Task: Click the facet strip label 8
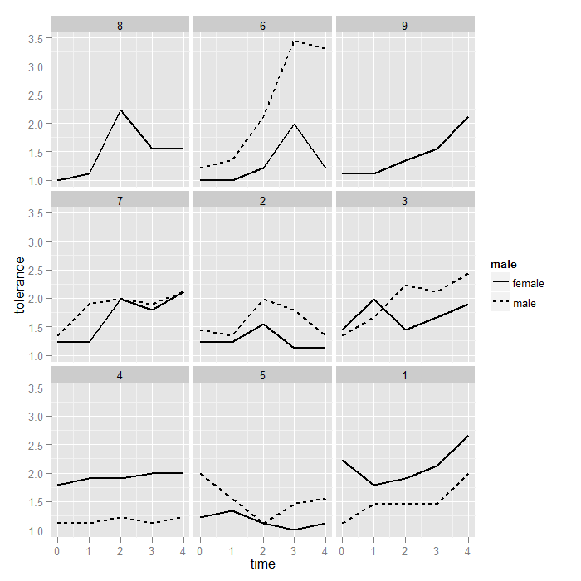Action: click(120, 26)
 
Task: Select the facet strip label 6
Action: click(262, 26)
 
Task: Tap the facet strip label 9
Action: click(404, 26)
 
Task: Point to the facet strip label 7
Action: click(120, 201)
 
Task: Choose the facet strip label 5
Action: click(262, 375)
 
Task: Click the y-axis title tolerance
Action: click(20, 285)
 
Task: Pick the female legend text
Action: click(529, 284)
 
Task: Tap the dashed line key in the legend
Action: click(500, 304)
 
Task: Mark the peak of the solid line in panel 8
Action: click(120, 110)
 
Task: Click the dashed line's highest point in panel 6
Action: click(294, 41)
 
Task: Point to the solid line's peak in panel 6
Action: click(294, 124)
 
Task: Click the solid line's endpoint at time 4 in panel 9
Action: click(468, 117)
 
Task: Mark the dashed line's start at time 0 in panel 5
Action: click(200, 473)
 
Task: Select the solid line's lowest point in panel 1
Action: click(373, 485)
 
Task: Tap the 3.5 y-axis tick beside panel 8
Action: click(35, 38)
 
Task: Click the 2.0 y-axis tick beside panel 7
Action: click(35, 299)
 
